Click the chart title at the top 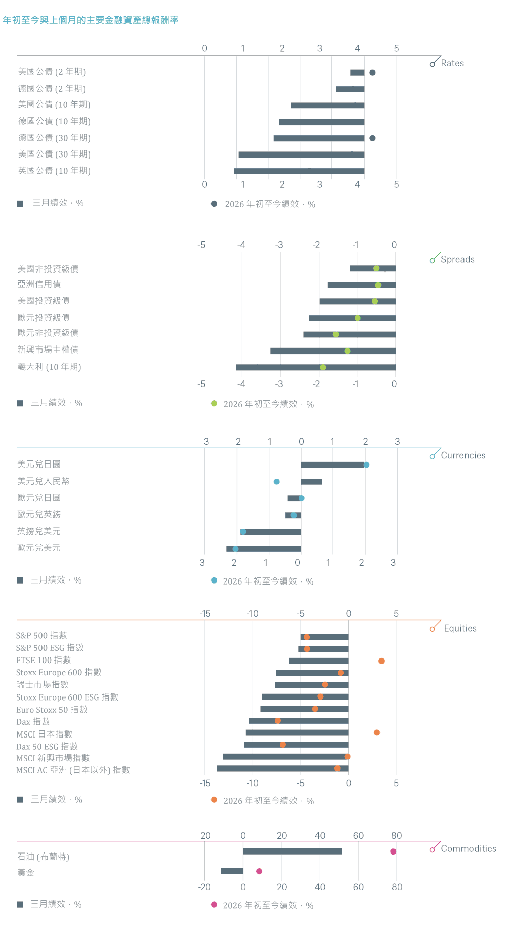pyautogui.click(x=91, y=20)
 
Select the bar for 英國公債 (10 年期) pyautogui.click(x=299, y=171)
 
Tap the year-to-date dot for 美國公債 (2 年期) pyautogui.click(x=372, y=73)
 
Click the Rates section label pyautogui.click(x=452, y=63)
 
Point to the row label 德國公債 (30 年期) pyautogui.click(x=54, y=138)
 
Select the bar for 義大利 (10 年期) pyautogui.click(x=315, y=367)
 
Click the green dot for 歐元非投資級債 pyautogui.click(x=336, y=334)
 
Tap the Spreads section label pyautogui.click(x=457, y=259)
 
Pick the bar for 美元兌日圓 pyautogui.click(x=332, y=465)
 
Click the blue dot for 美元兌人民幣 pyautogui.click(x=277, y=482)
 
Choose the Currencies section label pyautogui.click(x=463, y=455)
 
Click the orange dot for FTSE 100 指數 pyautogui.click(x=382, y=661)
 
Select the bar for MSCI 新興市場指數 pyautogui.click(x=285, y=757)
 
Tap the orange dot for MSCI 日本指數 pyautogui.click(x=377, y=733)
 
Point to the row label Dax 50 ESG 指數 pyautogui.click(x=47, y=746)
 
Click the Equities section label pyautogui.click(x=460, y=628)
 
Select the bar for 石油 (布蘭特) pyautogui.click(x=292, y=851)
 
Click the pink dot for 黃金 pyautogui.click(x=259, y=871)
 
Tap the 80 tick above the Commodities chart pyautogui.click(x=397, y=835)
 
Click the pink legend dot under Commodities pyautogui.click(x=214, y=905)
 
